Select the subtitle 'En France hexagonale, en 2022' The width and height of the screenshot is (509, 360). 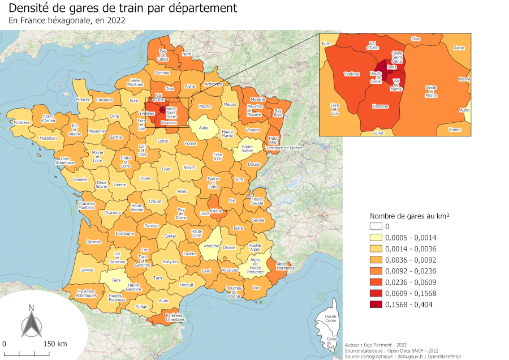(x=67, y=21)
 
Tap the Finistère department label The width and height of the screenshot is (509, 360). (x=21, y=122)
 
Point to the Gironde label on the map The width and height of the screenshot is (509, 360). (x=93, y=242)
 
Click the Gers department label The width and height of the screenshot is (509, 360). (x=117, y=280)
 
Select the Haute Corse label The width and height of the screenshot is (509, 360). (x=330, y=319)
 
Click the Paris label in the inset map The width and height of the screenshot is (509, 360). (x=392, y=67)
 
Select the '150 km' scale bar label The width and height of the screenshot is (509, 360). (x=55, y=344)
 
